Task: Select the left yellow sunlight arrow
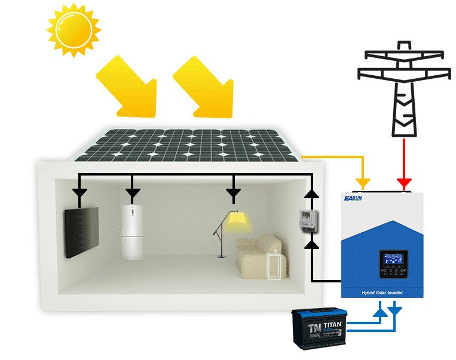point(128,87)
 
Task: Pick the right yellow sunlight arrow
point(206,87)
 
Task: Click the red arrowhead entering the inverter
point(404,181)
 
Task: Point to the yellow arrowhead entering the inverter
point(362,181)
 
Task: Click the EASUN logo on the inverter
point(354,197)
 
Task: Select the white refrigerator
point(133,232)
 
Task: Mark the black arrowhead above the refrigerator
point(133,193)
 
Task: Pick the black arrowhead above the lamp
point(234,193)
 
